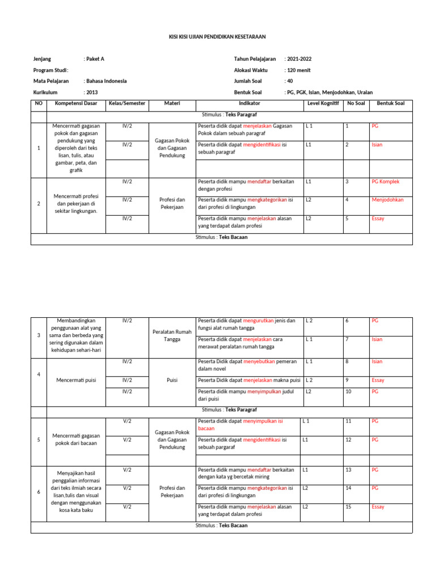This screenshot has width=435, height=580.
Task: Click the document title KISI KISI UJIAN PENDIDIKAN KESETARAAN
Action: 217,37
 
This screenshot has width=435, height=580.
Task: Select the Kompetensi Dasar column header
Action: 76,104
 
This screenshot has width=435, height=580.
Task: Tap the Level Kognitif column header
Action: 323,104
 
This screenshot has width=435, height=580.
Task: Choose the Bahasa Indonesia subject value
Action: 106,81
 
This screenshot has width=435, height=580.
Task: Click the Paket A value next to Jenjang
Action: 95,59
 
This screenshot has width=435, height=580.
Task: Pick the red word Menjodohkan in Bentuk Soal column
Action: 387,200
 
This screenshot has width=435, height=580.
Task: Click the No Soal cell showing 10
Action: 349,391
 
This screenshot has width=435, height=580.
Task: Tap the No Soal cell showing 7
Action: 347,340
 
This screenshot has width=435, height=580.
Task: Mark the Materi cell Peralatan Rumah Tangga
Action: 172,335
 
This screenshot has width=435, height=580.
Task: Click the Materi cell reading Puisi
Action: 172,381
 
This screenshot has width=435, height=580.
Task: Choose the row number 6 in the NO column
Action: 39,492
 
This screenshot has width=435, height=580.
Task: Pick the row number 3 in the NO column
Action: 39,335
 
